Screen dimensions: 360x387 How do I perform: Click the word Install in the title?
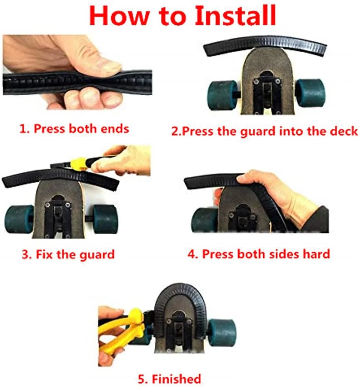click(x=235, y=15)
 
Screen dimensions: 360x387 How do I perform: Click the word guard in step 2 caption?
click(x=258, y=132)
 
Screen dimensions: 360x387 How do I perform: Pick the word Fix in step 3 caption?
click(x=44, y=254)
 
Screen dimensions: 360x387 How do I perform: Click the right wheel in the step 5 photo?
click(x=222, y=333)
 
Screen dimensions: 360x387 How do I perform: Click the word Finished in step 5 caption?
click(x=176, y=379)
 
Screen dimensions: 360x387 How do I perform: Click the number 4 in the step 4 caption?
click(x=192, y=254)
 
